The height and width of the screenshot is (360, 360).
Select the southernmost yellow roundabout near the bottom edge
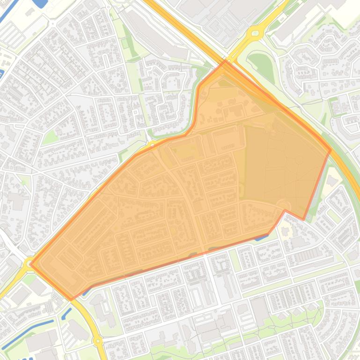tap(98, 341)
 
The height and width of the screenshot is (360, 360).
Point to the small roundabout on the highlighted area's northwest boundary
tap(153, 144)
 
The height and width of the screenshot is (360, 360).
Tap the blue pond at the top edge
tap(41, 3)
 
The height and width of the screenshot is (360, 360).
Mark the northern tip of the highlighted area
tap(225, 61)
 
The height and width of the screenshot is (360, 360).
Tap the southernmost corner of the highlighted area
tap(71, 299)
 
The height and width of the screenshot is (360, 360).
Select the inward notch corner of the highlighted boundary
tap(285, 211)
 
